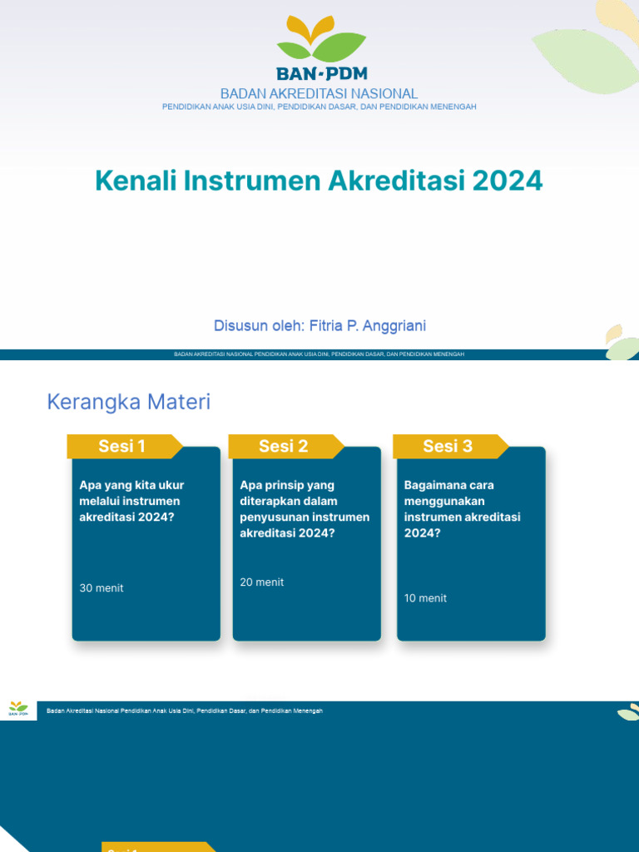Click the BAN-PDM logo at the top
pyautogui.click(x=319, y=48)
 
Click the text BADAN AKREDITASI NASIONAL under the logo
pyautogui.click(x=319, y=94)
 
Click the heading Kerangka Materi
pyautogui.click(x=129, y=402)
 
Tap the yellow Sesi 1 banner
pyautogui.click(x=122, y=446)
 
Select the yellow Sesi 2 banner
pyautogui.click(x=284, y=446)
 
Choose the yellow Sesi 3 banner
pyautogui.click(x=448, y=446)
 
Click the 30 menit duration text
pyautogui.click(x=102, y=588)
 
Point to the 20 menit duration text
pyautogui.click(x=262, y=582)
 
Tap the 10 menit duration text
pyautogui.click(x=425, y=598)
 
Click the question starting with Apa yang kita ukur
pyautogui.click(x=131, y=501)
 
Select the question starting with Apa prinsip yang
pyautogui.click(x=305, y=508)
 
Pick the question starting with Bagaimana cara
pyautogui.click(x=462, y=508)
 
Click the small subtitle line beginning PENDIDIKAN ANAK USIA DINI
pyautogui.click(x=319, y=106)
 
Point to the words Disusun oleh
pyautogui.click(x=259, y=325)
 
